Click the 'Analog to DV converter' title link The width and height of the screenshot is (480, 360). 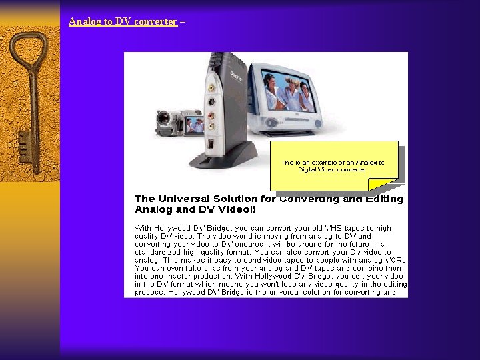coord(123,21)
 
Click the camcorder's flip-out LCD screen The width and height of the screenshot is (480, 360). coord(195,124)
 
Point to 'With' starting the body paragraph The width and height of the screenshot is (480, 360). coord(143,228)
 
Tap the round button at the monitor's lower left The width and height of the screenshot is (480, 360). coord(269,123)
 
